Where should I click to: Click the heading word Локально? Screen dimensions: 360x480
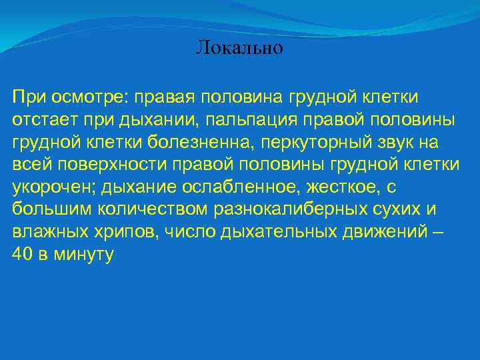point(240,49)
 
